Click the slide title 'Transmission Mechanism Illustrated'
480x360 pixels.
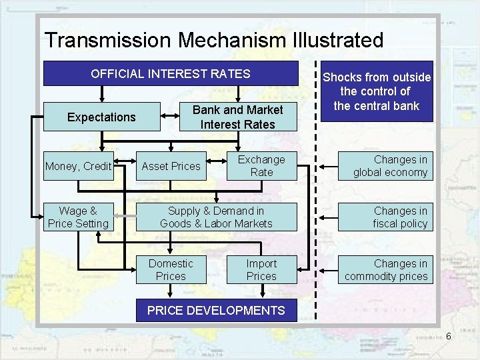click(213, 40)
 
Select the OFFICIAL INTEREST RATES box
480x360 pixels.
click(171, 74)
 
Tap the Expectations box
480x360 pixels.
click(101, 117)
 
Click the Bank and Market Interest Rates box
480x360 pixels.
click(237, 117)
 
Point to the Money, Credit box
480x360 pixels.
click(78, 166)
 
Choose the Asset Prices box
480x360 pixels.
click(171, 166)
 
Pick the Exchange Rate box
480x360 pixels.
click(261, 166)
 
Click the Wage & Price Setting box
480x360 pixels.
click(78, 217)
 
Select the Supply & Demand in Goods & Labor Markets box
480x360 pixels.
click(216, 217)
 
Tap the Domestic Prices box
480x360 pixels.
click(171, 269)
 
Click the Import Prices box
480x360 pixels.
click(261, 269)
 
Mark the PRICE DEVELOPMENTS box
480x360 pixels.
click(216, 310)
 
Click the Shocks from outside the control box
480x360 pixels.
click(376, 91)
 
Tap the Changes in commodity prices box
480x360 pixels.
click(386, 269)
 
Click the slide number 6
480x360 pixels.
click(449, 336)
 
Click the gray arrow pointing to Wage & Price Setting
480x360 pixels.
click(124, 217)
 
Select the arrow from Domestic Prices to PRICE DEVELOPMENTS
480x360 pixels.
click(171, 291)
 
